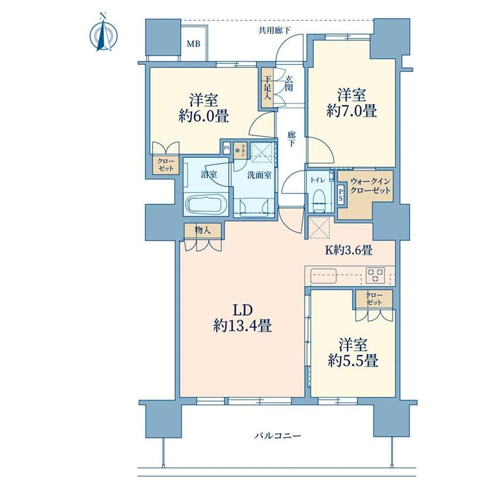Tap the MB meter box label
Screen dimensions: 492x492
pyautogui.click(x=193, y=44)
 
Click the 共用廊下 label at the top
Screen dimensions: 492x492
pyautogui.click(x=274, y=30)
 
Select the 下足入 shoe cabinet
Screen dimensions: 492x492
pyautogui.click(x=267, y=88)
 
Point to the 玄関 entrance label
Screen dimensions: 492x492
pyautogui.click(x=289, y=83)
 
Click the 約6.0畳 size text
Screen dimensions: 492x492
pyautogui.click(x=203, y=117)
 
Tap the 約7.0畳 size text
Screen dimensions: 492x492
pyautogui.click(x=351, y=111)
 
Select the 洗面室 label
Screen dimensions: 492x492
pyautogui.click(x=259, y=175)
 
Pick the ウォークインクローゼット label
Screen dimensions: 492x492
pyautogui.click(x=370, y=186)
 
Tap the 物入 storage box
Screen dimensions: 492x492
pyautogui.click(x=203, y=230)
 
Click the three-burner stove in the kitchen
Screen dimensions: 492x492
pyautogui.click(x=375, y=275)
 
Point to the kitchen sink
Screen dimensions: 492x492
pyautogui.click(x=324, y=275)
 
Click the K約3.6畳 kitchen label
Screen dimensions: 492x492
pyautogui.click(x=348, y=250)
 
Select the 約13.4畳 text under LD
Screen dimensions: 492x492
pyautogui.click(x=243, y=326)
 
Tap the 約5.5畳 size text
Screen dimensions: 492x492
pyautogui.click(x=353, y=361)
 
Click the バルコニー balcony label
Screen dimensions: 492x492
pyautogui.click(x=278, y=436)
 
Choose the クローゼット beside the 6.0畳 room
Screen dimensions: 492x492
pyautogui.click(x=165, y=164)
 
